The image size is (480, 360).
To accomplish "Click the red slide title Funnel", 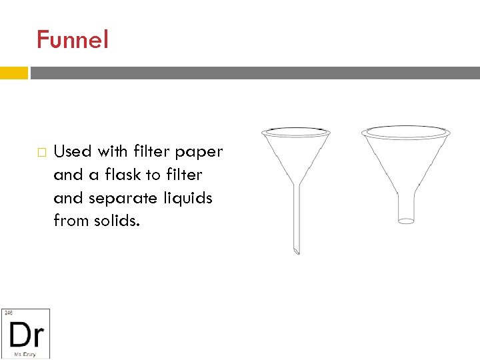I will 72,40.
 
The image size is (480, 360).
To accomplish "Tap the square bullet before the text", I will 41,153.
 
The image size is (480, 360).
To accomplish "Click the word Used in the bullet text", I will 72,151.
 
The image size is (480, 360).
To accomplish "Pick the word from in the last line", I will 70,221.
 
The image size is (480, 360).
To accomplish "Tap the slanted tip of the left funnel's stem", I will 296,251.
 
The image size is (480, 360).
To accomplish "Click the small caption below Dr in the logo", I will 25,353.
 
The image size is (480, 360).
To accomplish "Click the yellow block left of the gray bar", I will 14,73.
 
